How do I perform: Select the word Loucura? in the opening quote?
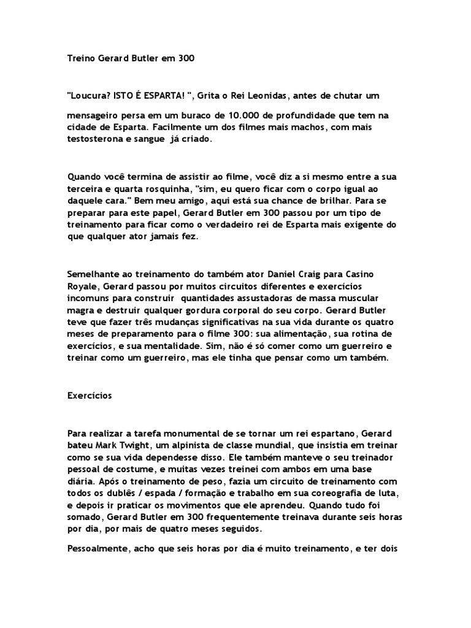[x=87, y=95]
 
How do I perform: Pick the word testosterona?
[x=93, y=139]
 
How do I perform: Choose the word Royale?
[x=80, y=286]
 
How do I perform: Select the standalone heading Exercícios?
[x=90, y=396]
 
